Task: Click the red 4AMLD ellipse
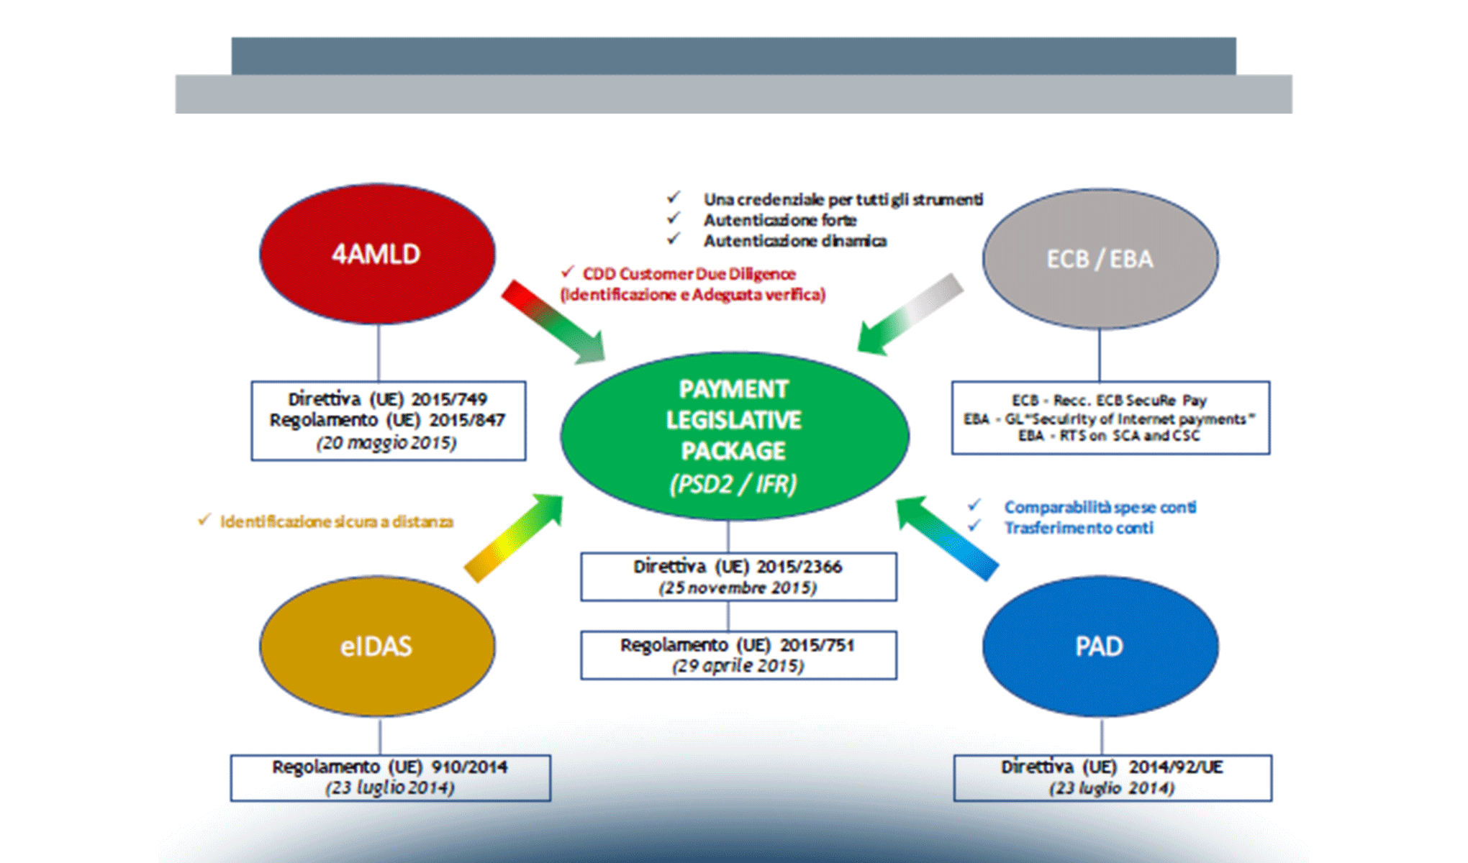[377, 254]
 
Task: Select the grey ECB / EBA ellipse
[1100, 259]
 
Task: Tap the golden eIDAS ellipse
[377, 646]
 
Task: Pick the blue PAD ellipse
[1100, 646]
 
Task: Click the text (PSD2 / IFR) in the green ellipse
[733, 484]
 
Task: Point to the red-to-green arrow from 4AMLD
[553, 321]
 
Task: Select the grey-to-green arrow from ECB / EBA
[910, 315]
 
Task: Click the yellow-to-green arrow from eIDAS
[514, 536]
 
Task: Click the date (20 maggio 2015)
[386, 442]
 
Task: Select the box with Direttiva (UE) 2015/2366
[738, 576]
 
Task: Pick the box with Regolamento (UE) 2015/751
[738, 654]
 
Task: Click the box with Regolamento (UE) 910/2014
[390, 777]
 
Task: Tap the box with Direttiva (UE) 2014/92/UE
[1112, 777]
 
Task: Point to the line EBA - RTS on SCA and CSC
[1109, 436]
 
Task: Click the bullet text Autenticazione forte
[780, 220]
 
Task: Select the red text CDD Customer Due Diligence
[689, 274]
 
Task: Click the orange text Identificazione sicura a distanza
[336, 521]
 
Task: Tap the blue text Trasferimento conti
[1079, 528]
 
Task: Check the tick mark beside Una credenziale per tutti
[674, 197]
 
